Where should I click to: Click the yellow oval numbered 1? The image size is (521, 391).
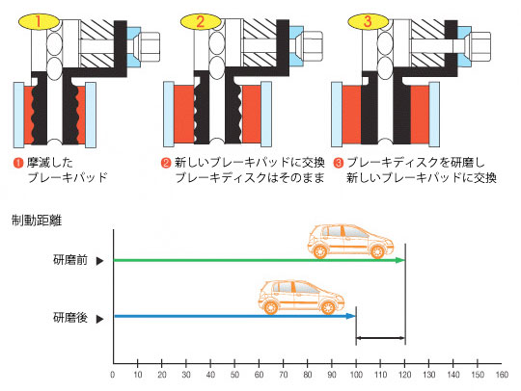39,21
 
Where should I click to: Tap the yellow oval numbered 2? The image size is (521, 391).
201,21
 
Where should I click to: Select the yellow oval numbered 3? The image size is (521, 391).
369,21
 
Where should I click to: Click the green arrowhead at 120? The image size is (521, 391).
400,260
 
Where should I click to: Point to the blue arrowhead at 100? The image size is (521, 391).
351,316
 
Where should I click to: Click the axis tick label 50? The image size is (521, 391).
234,375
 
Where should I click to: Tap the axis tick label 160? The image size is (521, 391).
502,375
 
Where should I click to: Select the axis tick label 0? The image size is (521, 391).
113,375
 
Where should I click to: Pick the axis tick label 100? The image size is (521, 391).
356,375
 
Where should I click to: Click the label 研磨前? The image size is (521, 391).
70,260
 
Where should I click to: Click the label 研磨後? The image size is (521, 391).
70,318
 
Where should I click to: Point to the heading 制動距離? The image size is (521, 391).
37,221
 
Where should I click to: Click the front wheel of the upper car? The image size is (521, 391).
377,251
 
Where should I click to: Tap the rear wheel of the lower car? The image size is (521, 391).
270,307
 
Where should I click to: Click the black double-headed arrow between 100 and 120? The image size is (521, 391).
380,338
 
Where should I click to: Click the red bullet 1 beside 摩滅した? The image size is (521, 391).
18,163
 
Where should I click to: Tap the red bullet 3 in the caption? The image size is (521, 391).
339,163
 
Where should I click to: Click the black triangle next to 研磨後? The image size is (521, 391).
99,319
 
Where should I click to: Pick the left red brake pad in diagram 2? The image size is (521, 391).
184,115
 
